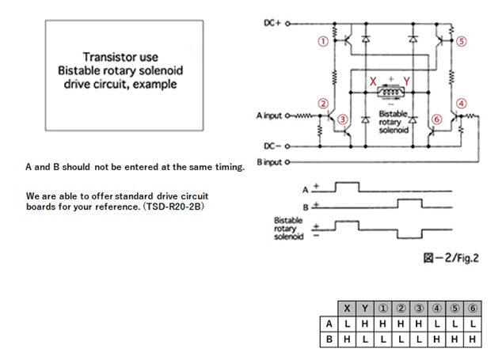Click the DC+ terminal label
(x=272, y=23)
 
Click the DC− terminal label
(x=272, y=146)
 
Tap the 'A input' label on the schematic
(x=269, y=116)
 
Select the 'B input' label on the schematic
(x=269, y=162)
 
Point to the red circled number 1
(x=323, y=41)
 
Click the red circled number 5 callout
(x=461, y=41)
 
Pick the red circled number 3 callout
(x=343, y=119)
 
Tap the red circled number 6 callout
(x=437, y=119)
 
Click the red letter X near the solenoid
(x=373, y=81)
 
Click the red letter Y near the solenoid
(x=407, y=81)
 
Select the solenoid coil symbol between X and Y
(x=391, y=92)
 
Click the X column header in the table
(x=347, y=309)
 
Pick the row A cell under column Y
(x=365, y=324)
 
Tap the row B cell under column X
(x=347, y=339)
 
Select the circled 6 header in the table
(x=473, y=309)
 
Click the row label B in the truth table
(x=329, y=339)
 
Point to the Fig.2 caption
(x=451, y=258)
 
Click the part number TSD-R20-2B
(x=174, y=207)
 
